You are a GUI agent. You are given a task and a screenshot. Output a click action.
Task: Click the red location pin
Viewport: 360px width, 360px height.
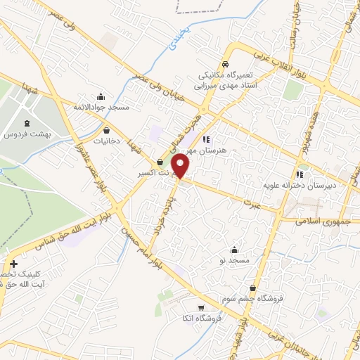(181, 165)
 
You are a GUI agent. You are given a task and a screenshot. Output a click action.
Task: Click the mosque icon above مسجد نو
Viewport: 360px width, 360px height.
(234, 250)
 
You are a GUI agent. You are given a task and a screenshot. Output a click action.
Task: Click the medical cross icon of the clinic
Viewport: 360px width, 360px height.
(13, 264)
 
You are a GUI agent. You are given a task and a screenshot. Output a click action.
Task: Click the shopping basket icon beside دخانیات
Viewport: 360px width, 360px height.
(106, 130)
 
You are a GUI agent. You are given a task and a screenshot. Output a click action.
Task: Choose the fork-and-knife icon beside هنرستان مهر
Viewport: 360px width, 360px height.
(206, 139)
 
